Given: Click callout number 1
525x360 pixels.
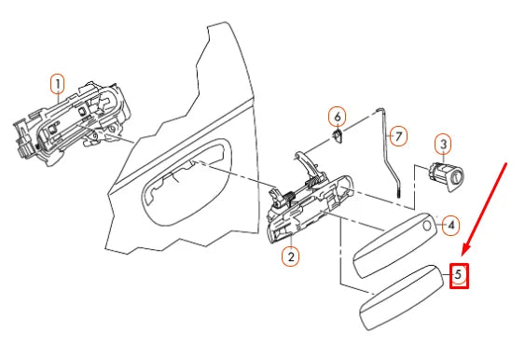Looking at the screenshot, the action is pos(58,84).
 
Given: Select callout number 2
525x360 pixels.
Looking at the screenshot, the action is pos(291,256).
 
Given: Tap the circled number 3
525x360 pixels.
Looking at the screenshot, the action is pos(443,145).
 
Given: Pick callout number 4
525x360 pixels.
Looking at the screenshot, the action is pos(451,225).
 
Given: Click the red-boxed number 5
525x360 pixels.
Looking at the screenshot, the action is pos(459,275).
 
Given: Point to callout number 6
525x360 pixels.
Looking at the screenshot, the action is pos(338,117).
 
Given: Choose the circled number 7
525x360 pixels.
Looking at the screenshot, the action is pos(398,136).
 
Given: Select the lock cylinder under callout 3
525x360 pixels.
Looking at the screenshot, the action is pos(446,176).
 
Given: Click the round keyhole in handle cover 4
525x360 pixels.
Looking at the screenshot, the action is pos(427,226).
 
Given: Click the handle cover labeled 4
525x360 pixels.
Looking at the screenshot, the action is pos(395,245).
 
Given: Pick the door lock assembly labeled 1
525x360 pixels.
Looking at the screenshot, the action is pos(72,123).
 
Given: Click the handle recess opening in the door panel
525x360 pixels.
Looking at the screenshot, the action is pos(187,183).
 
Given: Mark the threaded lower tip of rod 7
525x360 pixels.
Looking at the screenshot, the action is pos(399,194).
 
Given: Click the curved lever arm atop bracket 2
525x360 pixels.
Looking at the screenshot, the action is pos(309,163).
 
